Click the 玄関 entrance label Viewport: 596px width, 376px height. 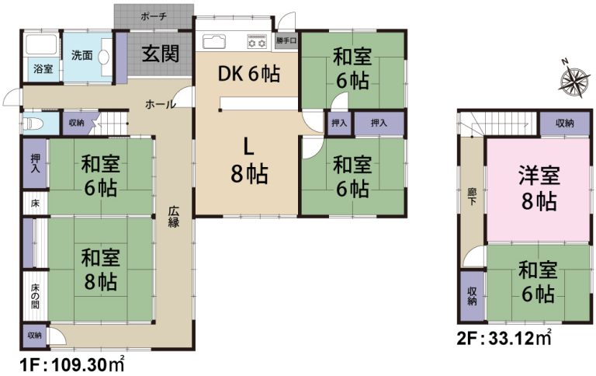point(161,54)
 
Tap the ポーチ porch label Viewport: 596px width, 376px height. point(154,17)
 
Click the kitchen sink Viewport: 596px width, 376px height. point(214,41)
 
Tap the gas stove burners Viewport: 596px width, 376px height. point(258,41)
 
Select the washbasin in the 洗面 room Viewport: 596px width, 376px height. point(104,57)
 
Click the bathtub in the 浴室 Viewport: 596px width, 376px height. point(40,46)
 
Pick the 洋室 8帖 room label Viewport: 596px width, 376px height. point(539,188)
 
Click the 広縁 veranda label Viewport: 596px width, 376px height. point(174,216)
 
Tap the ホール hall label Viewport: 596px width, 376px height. point(160,104)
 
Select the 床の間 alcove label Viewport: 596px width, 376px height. point(35,296)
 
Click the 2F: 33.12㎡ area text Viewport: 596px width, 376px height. point(504,338)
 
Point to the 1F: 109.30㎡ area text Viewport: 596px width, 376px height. point(72,365)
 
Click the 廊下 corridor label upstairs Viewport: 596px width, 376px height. point(472,196)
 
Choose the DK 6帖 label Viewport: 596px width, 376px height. point(249,74)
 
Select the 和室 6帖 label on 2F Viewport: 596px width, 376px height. point(538,281)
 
